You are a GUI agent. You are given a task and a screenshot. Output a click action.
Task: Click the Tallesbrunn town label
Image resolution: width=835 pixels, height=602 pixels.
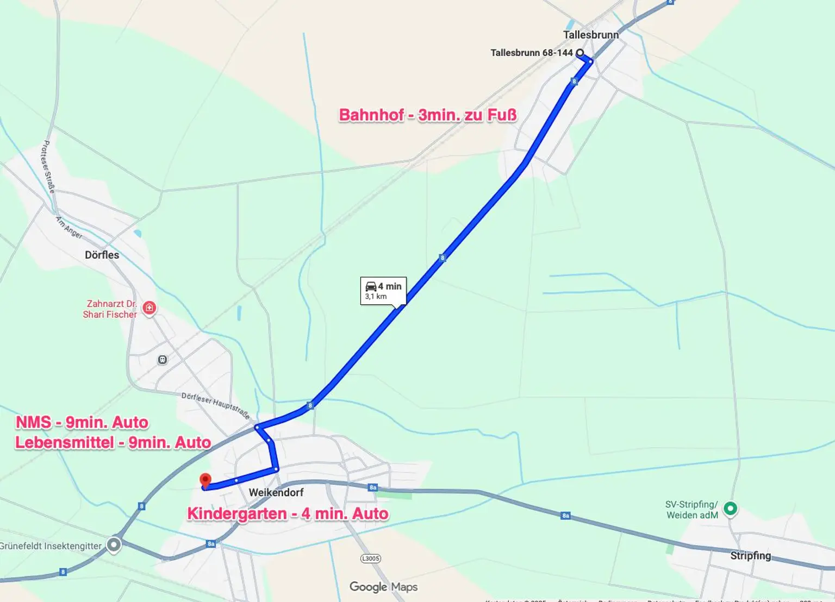click(x=590, y=35)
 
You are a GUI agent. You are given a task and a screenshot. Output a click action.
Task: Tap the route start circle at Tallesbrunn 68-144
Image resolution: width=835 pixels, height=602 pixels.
click(x=580, y=53)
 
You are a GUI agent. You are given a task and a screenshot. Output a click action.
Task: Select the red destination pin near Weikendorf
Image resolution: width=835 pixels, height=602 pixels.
click(x=205, y=480)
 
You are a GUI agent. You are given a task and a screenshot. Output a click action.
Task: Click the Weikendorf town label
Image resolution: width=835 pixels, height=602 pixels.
click(x=276, y=492)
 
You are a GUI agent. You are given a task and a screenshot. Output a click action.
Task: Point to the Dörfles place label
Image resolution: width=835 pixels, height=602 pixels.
click(x=102, y=255)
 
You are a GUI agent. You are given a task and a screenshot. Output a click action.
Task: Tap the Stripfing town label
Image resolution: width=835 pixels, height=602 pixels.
click(x=750, y=555)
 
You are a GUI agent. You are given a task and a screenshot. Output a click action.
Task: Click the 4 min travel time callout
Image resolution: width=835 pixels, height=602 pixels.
click(x=383, y=291)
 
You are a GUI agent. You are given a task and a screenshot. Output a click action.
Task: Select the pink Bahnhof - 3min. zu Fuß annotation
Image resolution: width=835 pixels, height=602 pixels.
click(x=427, y=115)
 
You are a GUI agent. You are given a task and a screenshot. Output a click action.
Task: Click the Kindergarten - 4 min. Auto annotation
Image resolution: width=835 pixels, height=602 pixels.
click(x=288, y=513)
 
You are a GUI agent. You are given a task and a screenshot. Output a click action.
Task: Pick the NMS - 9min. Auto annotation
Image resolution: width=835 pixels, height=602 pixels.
click(x=82, y=422)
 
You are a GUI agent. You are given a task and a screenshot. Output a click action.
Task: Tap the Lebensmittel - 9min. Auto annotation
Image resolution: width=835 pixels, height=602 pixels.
click(x=113, y=442)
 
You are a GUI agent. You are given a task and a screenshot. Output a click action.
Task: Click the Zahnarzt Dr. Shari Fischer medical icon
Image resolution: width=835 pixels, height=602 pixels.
click(x=149, y=308)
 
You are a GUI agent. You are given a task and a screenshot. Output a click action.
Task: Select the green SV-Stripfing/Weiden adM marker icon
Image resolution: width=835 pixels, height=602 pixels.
click(x=730, y=509)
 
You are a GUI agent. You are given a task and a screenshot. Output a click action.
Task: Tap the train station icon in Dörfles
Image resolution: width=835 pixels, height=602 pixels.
click(x=162, y=359)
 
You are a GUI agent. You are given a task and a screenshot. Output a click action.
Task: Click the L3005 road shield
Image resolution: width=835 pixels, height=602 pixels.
click(x=371, y=559)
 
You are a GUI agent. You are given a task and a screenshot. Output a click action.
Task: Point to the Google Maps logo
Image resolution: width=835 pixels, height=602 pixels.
click(x=383, y=587)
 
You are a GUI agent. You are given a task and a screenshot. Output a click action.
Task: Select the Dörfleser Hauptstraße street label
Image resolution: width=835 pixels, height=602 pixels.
click(x=216, y=405)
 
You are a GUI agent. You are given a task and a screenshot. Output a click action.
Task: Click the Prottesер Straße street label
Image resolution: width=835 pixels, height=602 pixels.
click(x=49, y=167)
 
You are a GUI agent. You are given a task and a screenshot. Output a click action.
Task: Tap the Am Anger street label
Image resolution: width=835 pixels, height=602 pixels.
click(x=69, y=227)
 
